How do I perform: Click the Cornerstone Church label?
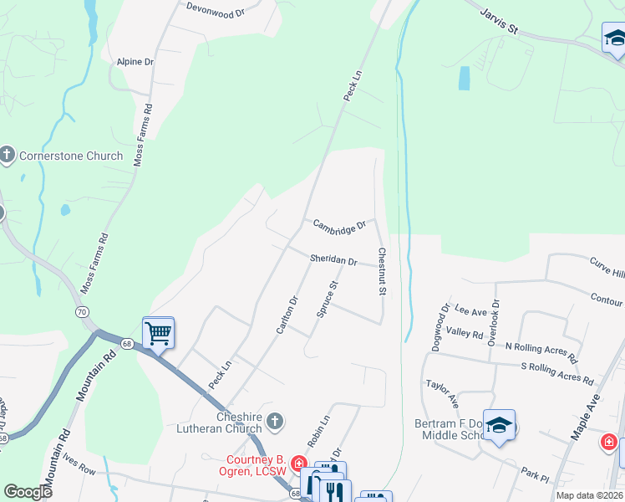tap(71, 156)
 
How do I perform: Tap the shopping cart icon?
tap(158, 334)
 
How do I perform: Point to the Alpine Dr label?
tap(135, 62)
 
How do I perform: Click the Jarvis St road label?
tap(500, 20)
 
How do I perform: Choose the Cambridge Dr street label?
tap(339, 225)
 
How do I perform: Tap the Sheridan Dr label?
tap(333, 260)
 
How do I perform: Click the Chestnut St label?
tap(382, 271)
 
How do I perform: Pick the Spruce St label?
tap(327, 299)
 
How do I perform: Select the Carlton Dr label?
tap(287, 315)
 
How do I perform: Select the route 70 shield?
tap(82, 312)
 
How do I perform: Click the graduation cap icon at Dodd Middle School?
tap(499, 427)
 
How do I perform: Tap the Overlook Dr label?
tap(495, 320)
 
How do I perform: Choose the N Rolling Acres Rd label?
tap(541, 352)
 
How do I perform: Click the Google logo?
tap(28, 492)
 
